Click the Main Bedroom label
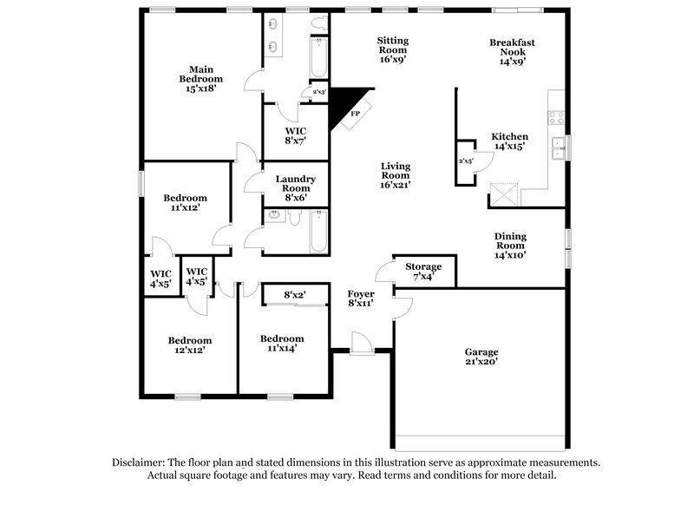click(201, 78)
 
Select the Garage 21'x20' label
click(481, 357)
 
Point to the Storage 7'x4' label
click(424, 272)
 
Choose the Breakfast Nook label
click(512, 51)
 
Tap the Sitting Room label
click(392, 49)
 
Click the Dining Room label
click(510, 246)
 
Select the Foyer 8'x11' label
click(361, 299)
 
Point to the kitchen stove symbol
click(557, 119)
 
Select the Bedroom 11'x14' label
click(283, 344)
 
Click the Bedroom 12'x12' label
click(189, 345)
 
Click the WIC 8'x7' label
click(295, 134)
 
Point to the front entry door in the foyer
click(361, 344)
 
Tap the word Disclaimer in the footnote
click(142, 462)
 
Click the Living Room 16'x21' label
click(395, 174)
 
